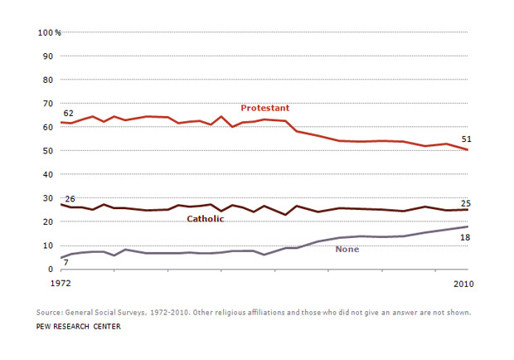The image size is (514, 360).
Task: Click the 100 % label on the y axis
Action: click(50, 32)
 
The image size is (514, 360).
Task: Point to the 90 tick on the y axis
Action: click(48, 56)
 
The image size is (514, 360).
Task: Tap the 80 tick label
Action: click(48, 80)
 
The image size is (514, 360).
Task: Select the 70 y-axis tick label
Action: click(48, 104)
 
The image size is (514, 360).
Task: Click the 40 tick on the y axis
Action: click(48, 174)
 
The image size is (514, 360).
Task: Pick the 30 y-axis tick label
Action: click(48, 198)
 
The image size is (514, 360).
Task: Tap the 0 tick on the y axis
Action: click(51, 269)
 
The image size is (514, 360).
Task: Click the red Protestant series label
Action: click(264, 109)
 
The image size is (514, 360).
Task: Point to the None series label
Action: click(347, 250)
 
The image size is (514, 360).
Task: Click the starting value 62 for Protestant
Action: click(67, 113)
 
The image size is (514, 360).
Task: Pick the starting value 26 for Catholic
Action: click(70, 199)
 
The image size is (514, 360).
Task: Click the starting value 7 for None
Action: click(65, 262)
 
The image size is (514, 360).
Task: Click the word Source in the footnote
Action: click(51, 313)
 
